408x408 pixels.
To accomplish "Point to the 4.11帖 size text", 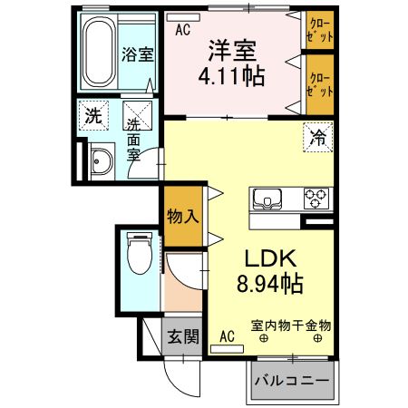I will tap(231, 75).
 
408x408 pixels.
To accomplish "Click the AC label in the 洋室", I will tap(183, 29).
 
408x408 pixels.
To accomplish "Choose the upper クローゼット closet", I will tap(319, 30).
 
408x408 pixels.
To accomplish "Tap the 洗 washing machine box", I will tap(92, 116).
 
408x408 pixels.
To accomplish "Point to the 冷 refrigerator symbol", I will tap(318, 140).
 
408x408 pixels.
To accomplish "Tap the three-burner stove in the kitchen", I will tap(316, 198).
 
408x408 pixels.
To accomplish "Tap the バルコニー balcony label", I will tap(290, 382).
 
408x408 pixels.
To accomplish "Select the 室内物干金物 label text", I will tap(291, 325).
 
